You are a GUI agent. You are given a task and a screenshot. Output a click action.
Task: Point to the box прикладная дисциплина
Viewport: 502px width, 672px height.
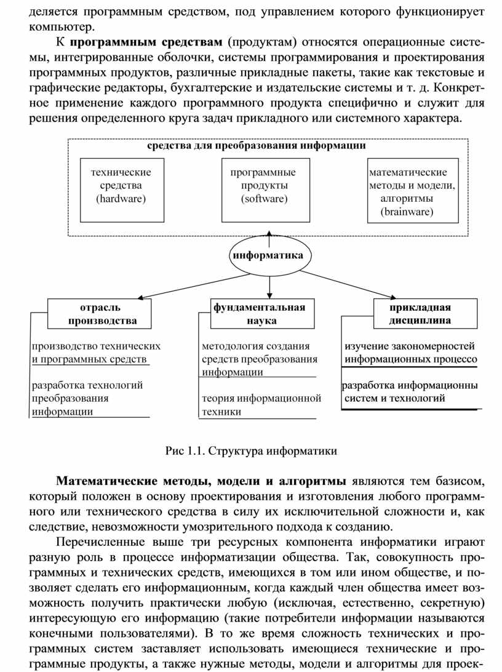[x=425, y=314]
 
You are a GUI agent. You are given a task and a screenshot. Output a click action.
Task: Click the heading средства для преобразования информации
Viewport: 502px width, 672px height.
[x=256, y=146]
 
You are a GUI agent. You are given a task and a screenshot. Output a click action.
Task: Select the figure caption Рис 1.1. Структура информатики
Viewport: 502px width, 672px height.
[x=251, y=451]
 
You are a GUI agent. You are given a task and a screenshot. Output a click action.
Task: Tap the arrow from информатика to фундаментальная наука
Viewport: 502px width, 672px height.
[x=269, y=287]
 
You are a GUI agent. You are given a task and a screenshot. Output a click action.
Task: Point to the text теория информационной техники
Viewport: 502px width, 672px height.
[x=261, y=405]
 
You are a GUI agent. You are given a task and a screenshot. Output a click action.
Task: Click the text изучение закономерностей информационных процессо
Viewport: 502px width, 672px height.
[x=411, y=353]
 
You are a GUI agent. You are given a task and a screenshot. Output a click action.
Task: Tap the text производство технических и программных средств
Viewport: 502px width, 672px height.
[x=97, y=353]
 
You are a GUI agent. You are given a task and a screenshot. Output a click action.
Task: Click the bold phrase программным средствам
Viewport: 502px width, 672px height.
[x=145, y=42]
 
